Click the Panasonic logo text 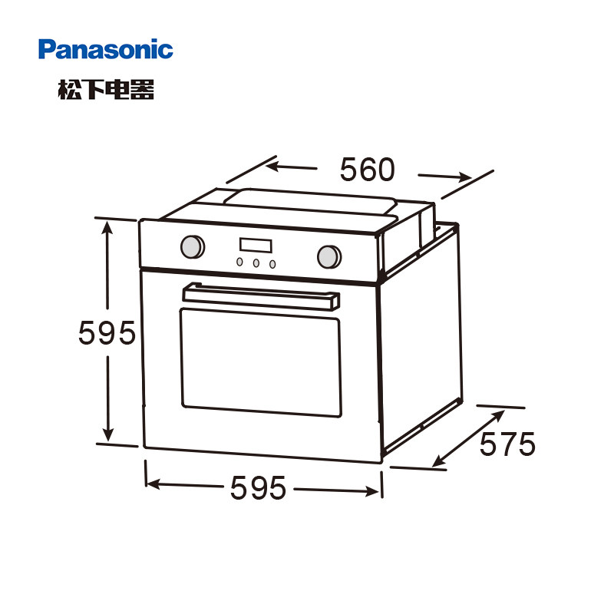click(x=106, y=51)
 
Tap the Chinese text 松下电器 click(x=106, y=90)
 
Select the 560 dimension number click(x=367, y=170)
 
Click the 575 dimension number click(x=507, y=444)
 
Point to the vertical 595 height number click(x=107, y=333)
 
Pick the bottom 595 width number click(x=257, y=487)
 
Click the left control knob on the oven click(x=192, y=246)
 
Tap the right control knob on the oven click(x=328, y=256)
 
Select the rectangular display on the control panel click(x=256, y=246)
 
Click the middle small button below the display click(x=256, y=262)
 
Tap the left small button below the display click(x=240, y=262)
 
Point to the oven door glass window click(x=259, y=358)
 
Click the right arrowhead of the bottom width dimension click(x=375, y=491)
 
